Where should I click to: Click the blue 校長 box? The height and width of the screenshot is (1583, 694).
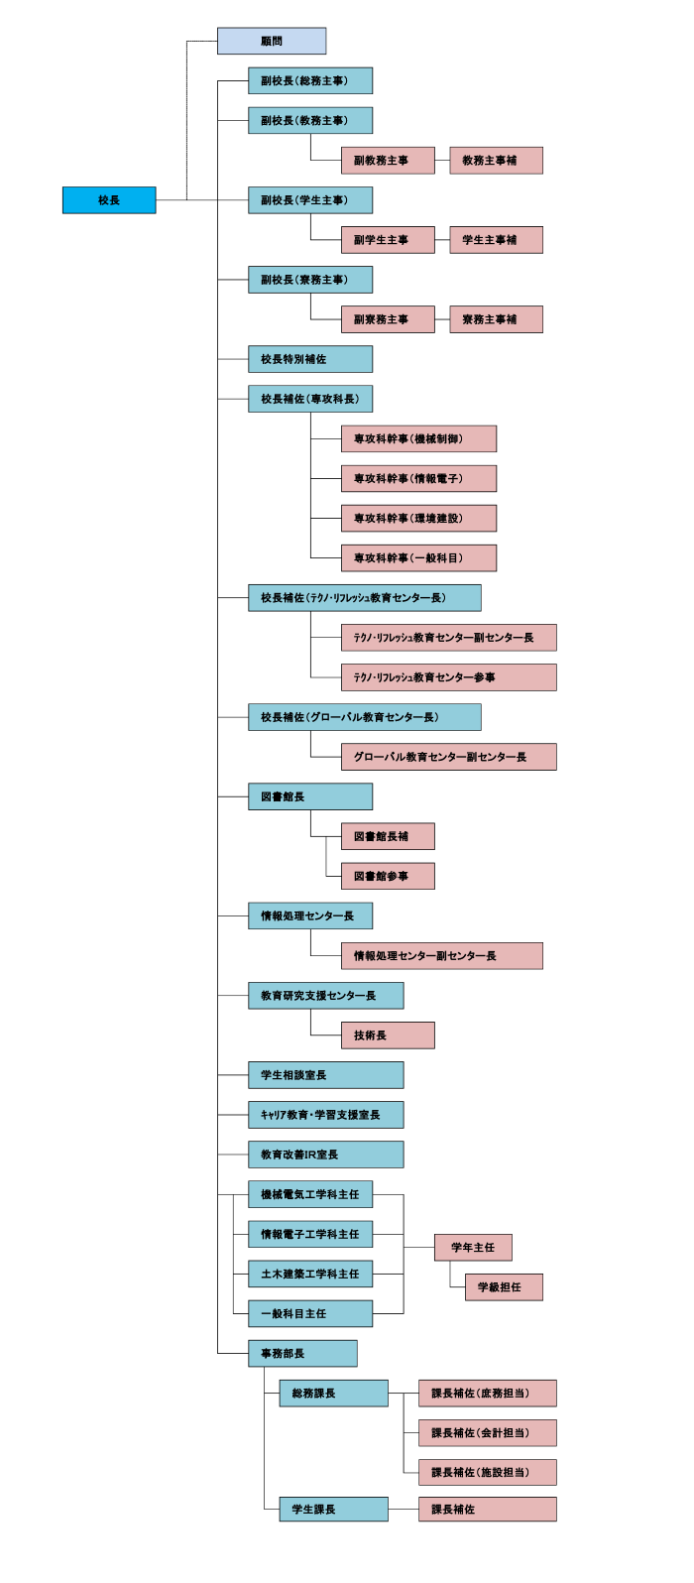click(x=109, y=200)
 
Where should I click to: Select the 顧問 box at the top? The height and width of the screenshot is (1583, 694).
click(x=272, y=41)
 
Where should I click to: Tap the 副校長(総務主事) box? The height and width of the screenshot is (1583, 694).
click(x=310, y=80)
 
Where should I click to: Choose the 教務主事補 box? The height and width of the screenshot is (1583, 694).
click(x=496, y=161)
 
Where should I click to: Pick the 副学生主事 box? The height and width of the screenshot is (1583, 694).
click(x=388, y=240)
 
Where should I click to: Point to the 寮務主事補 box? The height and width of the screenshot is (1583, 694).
click(x=496, y=319)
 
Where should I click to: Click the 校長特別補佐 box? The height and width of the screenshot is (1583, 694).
click(x=310, y=359)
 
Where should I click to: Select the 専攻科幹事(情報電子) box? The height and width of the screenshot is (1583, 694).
click(x=419, y=478)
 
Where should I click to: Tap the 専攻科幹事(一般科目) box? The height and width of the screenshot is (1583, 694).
click(x=419, y=557)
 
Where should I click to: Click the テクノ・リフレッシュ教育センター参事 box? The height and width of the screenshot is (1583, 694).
click(x=449, y=677)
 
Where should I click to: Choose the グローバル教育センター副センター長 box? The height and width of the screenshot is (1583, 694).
click(x=449, y=757)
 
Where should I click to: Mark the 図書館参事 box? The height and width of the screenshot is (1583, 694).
click(x=388, y=877)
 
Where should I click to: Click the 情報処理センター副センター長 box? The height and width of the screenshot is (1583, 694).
click(x=442, y=955)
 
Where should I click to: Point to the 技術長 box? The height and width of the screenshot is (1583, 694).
click(x=388, y=1035)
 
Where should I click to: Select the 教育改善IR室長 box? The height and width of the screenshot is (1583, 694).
click(x=326, y=1155)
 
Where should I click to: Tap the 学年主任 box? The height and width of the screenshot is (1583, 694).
click(x=473, y=1248)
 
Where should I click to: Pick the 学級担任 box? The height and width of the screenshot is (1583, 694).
click(x=504, y=1286)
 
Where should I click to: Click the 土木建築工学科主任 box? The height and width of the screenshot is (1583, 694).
click(x=310, y=1275)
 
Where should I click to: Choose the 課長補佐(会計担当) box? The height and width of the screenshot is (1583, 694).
click(x=488, y=1432)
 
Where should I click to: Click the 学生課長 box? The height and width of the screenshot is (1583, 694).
click(x=333, y=1509)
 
